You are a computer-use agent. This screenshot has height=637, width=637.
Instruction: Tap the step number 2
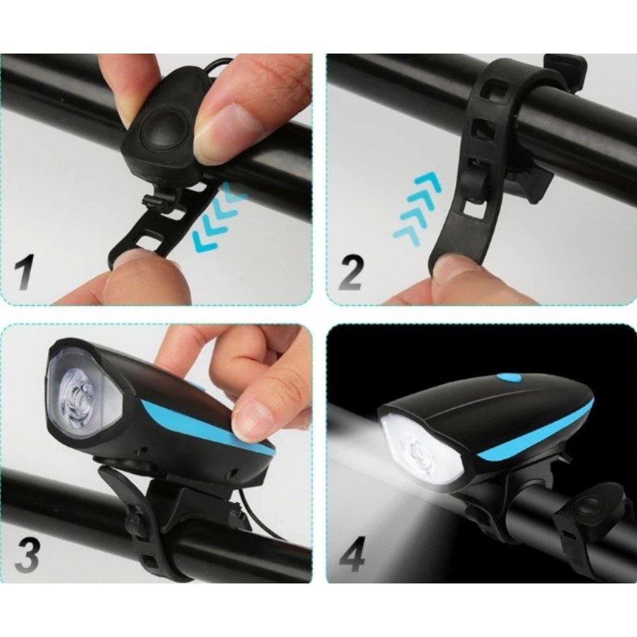tap(350, 273)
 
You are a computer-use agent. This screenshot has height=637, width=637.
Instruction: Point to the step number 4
tap(351, 555)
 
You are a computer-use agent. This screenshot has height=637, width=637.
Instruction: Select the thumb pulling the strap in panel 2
tap(458, 275)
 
